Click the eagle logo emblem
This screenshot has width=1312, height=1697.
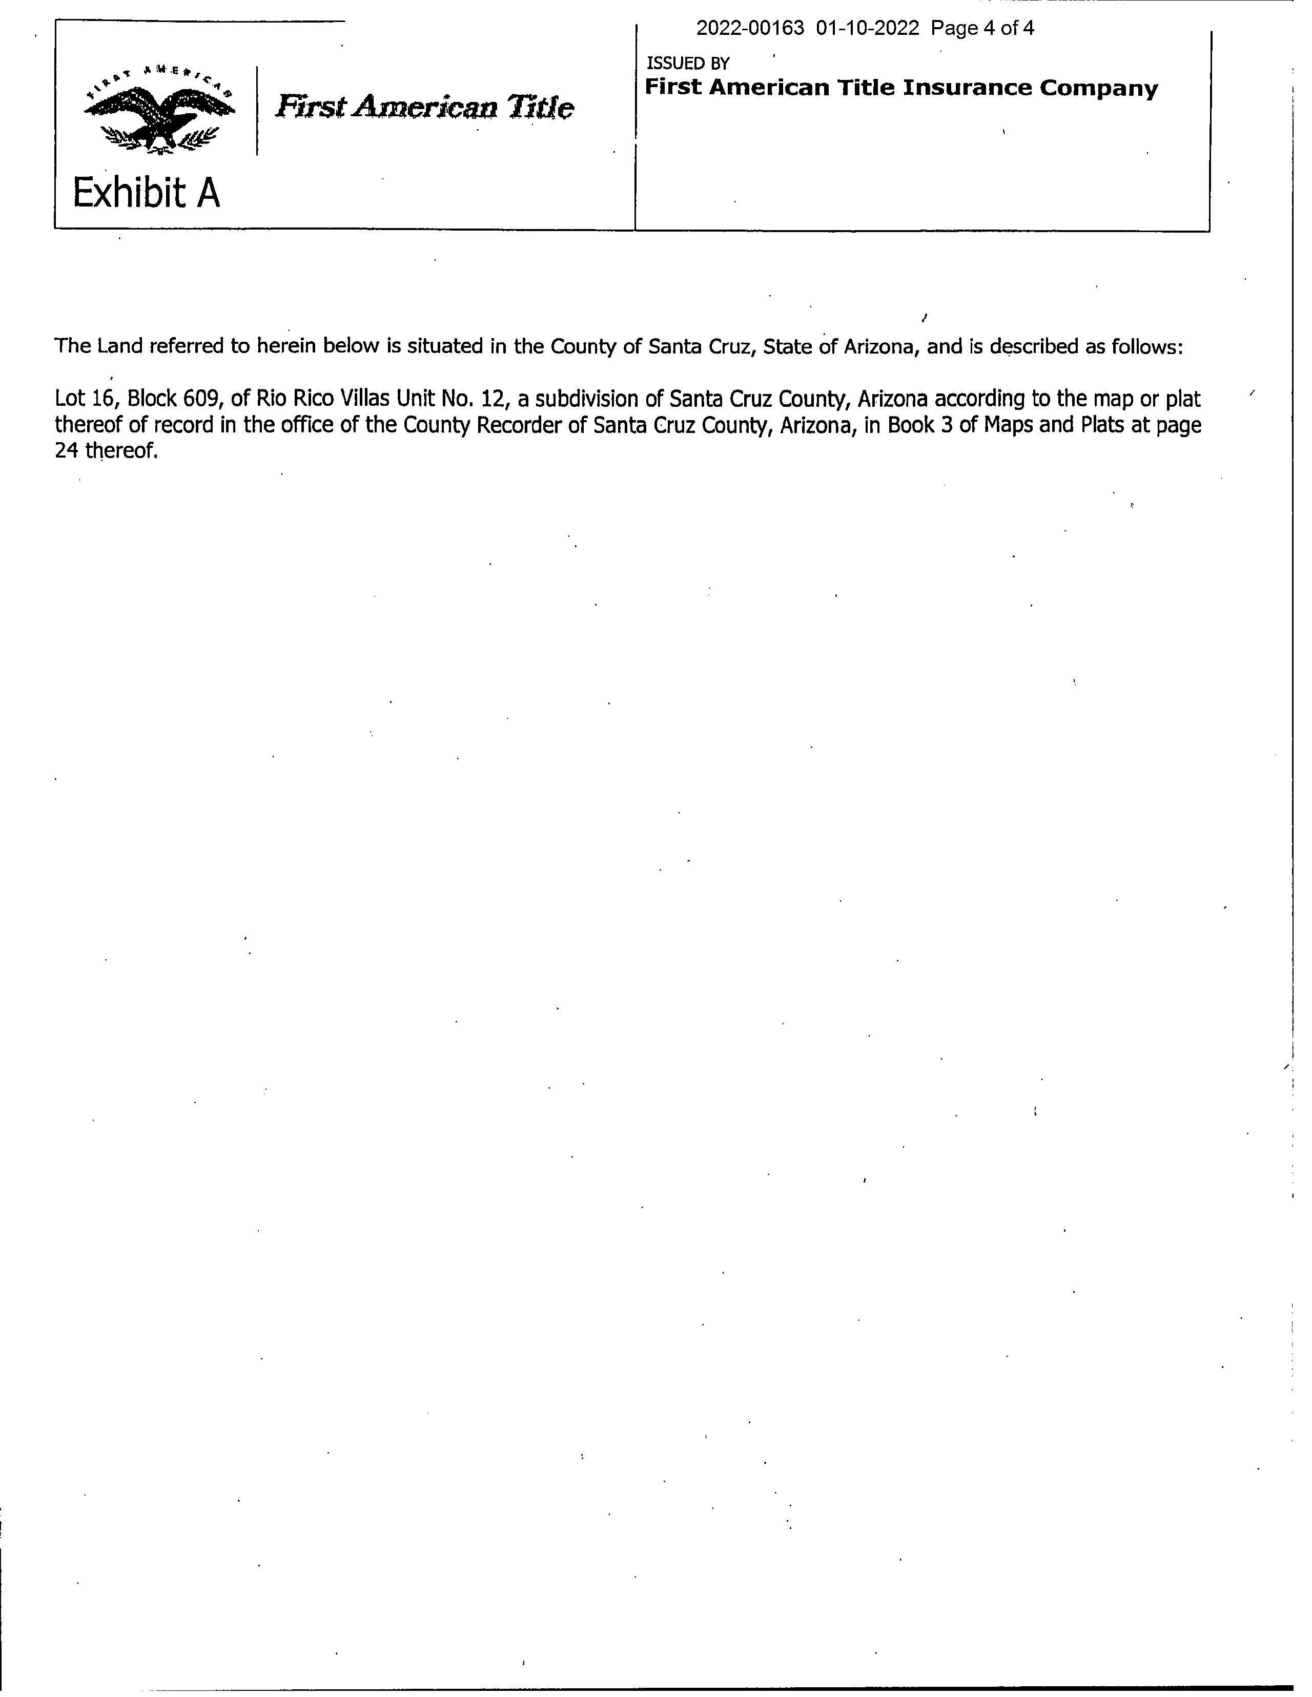159,109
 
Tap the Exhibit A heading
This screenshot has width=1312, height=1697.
146,193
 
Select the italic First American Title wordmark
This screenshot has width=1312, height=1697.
424,107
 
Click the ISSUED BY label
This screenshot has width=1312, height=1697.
688,64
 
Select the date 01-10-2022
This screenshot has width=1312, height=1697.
868,29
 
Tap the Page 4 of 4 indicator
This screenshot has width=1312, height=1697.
982,29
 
